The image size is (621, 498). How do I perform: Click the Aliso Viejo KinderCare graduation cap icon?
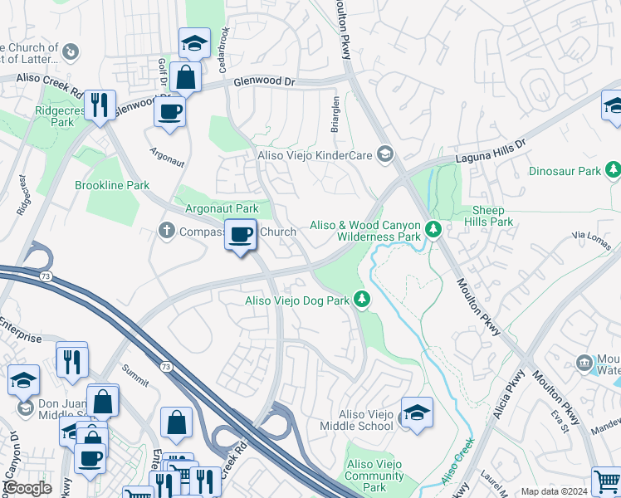tap(384, 154)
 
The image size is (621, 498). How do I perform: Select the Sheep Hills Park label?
tap(492, 216)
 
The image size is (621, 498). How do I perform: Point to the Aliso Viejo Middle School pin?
tap(416, 412)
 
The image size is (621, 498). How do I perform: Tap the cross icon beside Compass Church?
tap(166, 232)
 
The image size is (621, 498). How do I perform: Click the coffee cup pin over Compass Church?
tap(240, 237)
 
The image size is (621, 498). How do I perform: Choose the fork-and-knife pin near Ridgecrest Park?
tap(100, 105)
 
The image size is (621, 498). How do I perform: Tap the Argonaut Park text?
tap(221, 208)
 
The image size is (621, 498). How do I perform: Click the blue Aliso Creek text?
tap(457, 461)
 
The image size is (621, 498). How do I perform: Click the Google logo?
tap(27, 488)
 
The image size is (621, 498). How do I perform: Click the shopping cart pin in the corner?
tap(606, 481)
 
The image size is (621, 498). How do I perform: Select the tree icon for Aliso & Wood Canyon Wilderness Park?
tap(432, 228)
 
